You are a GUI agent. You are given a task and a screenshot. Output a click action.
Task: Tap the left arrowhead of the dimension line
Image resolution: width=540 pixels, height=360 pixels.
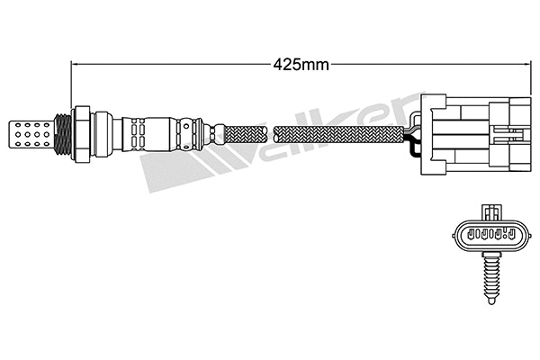coord(76,64)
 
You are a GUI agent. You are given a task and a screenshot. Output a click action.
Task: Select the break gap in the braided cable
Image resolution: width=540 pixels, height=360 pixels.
coord(272,136)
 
